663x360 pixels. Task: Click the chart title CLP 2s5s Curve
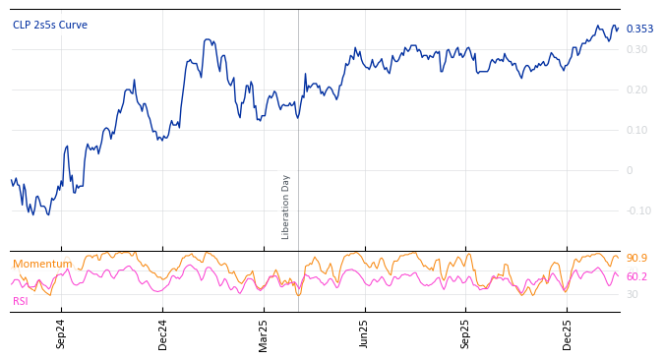pos(50,26)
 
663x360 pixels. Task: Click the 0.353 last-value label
pos(639,30)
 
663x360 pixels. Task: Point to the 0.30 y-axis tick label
pos(636,49)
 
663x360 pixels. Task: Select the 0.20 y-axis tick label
pos(636,90)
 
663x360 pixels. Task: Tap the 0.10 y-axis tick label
pos(636,130)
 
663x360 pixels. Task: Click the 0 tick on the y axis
pos(630,170)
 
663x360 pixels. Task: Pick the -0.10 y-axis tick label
pos(638,210)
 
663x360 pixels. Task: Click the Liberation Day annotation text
pos(286,207)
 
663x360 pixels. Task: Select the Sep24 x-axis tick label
pos(61,333)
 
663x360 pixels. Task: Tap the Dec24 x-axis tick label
pos(162,333)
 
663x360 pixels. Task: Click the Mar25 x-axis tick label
pos(264,333)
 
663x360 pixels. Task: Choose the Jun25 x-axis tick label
pos(364,333)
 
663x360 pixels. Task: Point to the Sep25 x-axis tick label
pos(465,333)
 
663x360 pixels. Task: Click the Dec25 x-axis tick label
pos(567,333)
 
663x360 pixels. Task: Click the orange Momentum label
pos(42,265)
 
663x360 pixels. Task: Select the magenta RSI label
pos(20,301)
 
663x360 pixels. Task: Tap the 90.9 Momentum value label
pos(636,259)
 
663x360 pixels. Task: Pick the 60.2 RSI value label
pos(636,277)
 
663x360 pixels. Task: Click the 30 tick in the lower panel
pos(632,294)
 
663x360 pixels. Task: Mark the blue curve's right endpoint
pos(618,29)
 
